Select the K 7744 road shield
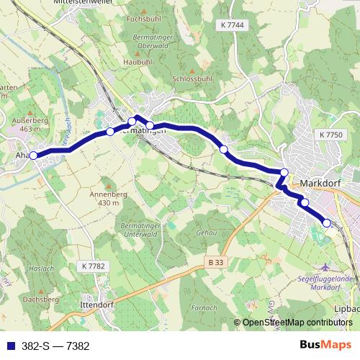tap(233, 25)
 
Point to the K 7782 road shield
tap(93, 266)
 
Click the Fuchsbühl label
tap(143, 18)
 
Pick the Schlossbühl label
tap(192, 78)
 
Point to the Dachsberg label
tap(40, 298)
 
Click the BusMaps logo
tap(329, 346)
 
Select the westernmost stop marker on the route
tap(33, 155)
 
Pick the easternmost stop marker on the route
tap(326, 223)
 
